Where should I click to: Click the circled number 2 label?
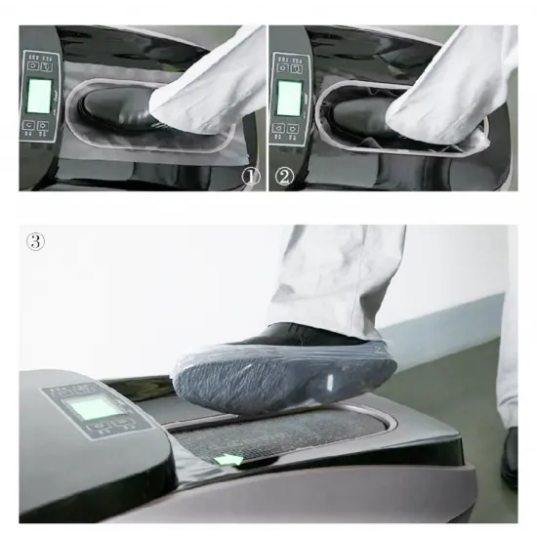[283, 177]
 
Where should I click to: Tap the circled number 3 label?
[35, 242]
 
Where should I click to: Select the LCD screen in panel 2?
[289, 98]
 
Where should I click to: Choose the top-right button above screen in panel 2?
[296, 66]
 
